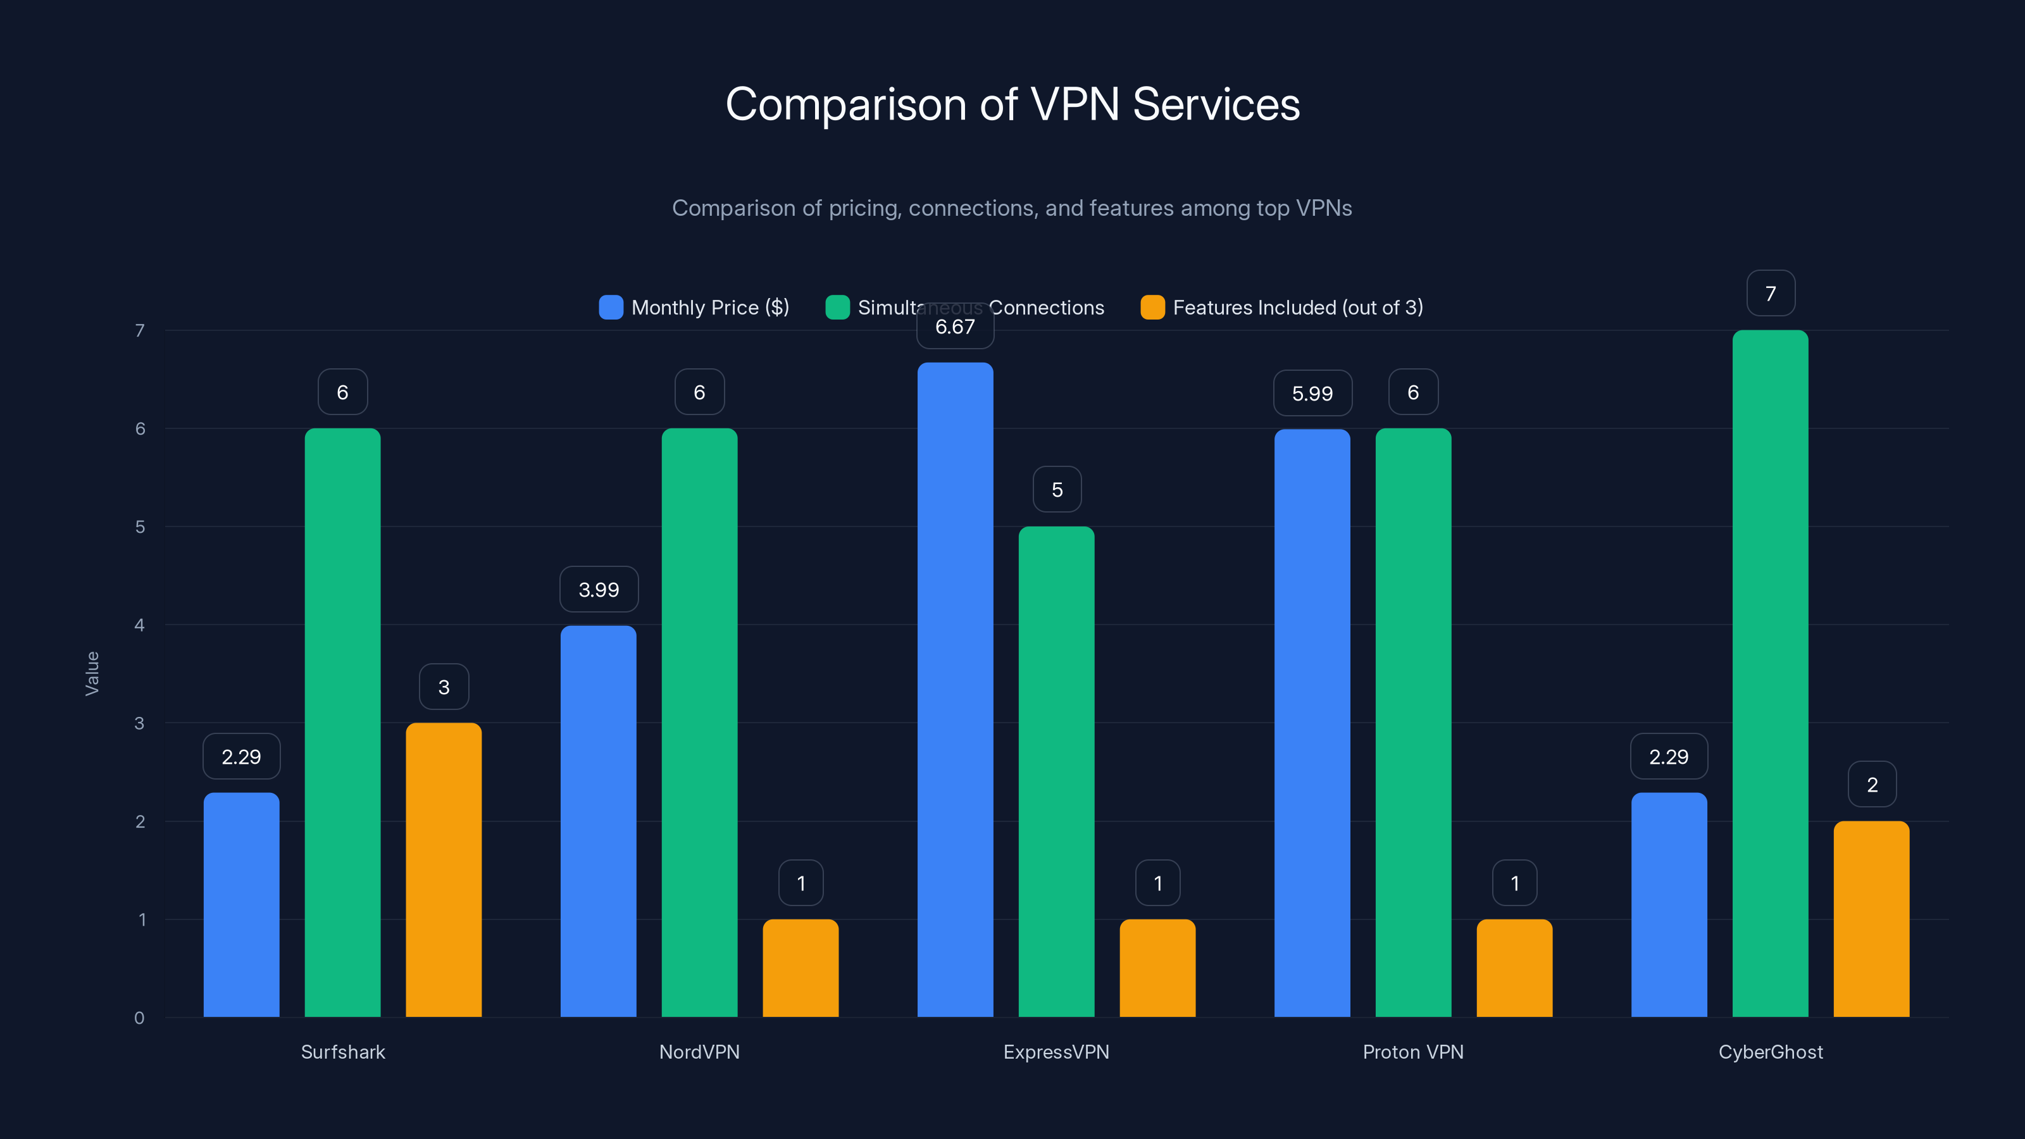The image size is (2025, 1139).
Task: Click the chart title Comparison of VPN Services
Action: point(1012,104)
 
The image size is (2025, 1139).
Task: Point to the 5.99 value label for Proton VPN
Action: point(1312,393)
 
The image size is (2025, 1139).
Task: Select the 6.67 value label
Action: point(955,327)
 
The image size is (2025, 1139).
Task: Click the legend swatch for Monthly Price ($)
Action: point(611,308)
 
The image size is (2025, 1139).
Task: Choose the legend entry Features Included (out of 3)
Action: point(1297,308)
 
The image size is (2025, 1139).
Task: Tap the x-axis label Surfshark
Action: point(343,1052)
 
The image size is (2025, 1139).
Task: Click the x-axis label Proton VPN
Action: point(1412,1052)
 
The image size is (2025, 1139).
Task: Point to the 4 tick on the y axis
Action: point(140,625)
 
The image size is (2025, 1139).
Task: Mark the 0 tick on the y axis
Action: point(140,1018)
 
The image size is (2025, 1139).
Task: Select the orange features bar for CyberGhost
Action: point(1871,919)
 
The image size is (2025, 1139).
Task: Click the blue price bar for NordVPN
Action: point(598,821)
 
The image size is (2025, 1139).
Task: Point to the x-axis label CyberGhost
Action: point(1771,1052)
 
